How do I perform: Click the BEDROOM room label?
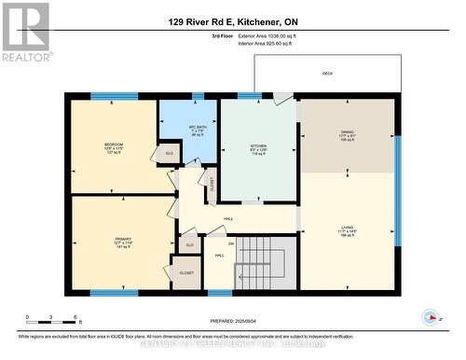(114, 145)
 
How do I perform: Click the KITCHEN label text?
(258, 146)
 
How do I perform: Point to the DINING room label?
(347, 133)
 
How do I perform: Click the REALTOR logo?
(25, 32)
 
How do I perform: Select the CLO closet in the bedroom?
(169, 154)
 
